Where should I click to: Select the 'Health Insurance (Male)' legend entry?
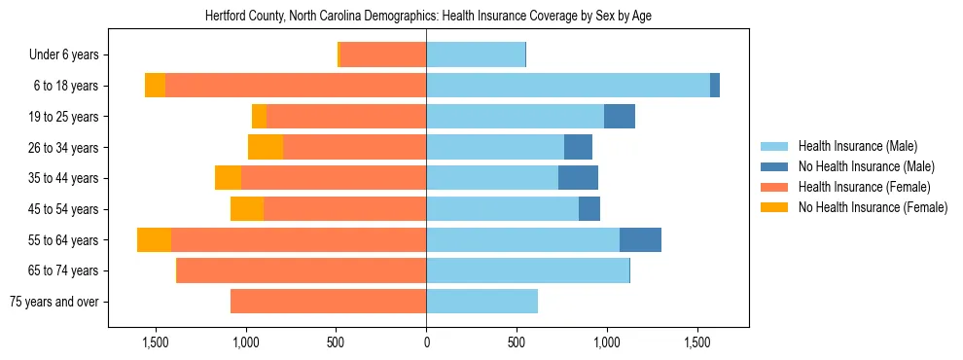[857, 147]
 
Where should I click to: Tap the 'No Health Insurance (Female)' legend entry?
[873, 207]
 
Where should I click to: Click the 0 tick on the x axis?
[426, 343]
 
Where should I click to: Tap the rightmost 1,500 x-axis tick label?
[697, 343]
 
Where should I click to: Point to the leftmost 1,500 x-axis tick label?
[155, 343]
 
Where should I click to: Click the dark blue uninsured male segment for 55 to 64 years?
[640, 239]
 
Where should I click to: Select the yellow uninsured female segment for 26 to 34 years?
[266, 147]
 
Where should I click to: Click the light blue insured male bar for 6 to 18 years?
[568, 86]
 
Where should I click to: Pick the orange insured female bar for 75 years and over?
[328, 302]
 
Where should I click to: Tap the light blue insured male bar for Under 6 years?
[476, 55]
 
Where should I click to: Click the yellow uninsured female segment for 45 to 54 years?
[247, 209]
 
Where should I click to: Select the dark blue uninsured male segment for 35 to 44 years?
[578, 178]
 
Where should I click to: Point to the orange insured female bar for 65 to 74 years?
[302, 270]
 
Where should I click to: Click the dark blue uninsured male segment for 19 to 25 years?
[620, 117]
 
